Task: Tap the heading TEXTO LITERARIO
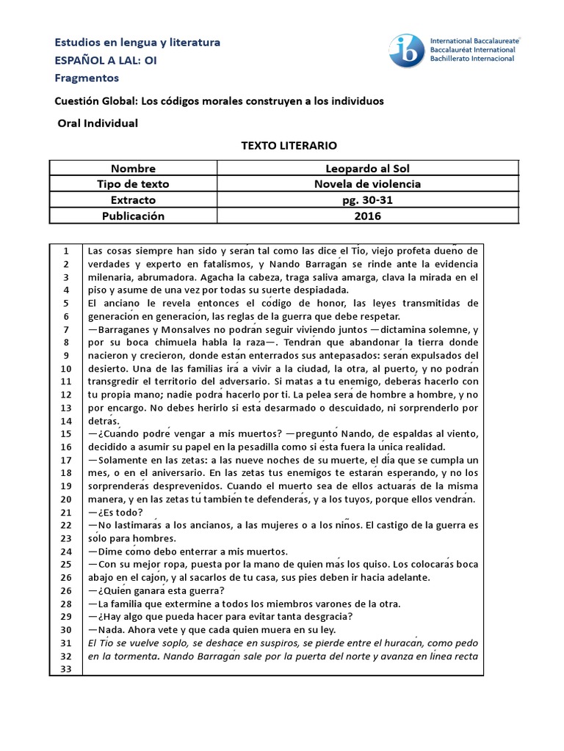(x=279, y=146)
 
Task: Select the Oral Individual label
(x=97, y=123)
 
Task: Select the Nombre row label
(x=133, y=168)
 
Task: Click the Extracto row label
(x=133, y=200)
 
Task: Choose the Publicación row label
(x=133, y=216)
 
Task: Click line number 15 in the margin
(x=65, y=434)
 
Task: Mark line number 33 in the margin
(x=65, y=669)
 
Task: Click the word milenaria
(x=112, y=277)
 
